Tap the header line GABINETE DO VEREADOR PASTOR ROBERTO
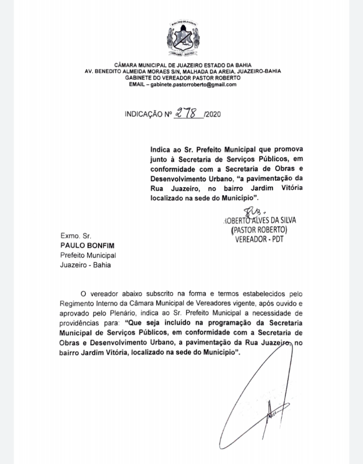click(183, 78)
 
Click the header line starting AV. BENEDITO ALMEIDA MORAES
click(183, 72)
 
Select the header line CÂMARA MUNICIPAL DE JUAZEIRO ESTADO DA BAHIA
click(183, 65)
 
